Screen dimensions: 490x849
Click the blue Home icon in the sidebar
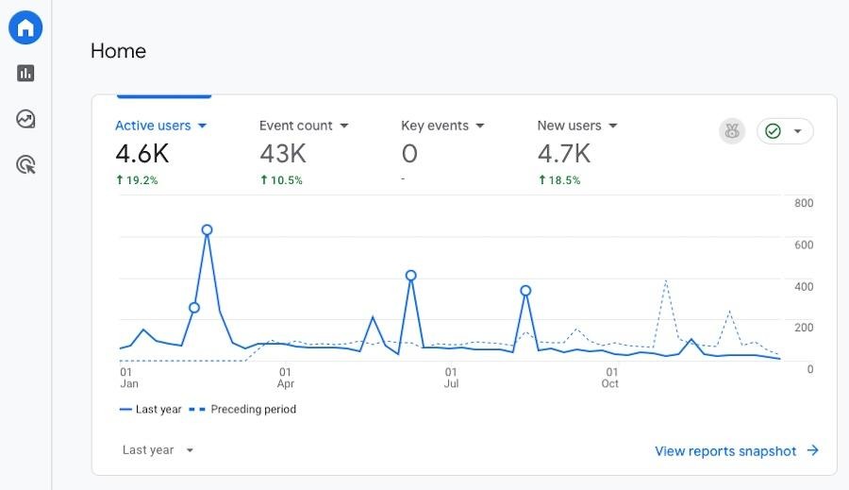click(25, 27)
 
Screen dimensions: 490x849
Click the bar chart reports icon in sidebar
click(25, 73)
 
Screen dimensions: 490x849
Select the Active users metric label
click(153, 126)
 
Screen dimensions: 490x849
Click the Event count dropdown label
click(296, 126)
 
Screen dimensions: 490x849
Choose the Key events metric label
click(435, 126)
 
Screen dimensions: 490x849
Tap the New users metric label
click(569, 126)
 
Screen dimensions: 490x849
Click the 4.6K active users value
click(141, 153)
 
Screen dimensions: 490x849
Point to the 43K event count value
click(283, 153)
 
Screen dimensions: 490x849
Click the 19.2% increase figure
click(137, 179)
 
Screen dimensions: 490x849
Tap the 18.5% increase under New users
click(559, 179)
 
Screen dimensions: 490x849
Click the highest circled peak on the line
click(207, 229)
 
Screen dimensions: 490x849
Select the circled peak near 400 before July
click(410, 276)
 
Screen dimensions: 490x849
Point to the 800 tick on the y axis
click(804, 203)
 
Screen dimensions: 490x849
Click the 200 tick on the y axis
click(804, 328)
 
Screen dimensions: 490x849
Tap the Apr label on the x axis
click(286, 384)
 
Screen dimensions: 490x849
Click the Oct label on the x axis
click(610, 384)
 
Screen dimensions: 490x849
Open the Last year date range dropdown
click(158, 450)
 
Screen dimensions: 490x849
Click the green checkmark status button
click(784, 131)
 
